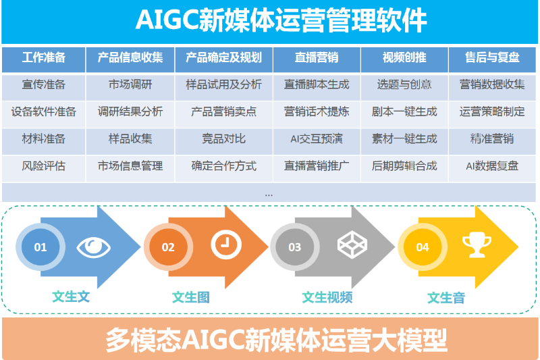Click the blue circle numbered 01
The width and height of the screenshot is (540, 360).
tap(40, 247)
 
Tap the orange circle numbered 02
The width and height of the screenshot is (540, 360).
tap(168, 247)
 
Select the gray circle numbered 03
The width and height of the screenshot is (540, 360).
tap(295, 247)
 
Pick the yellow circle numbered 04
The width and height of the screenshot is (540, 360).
tap(423, 247)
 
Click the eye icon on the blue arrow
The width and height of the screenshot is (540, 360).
tap(93, 247)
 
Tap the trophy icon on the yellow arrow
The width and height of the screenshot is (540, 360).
tap(477, 245)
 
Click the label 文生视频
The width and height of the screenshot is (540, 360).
tap(327, 297)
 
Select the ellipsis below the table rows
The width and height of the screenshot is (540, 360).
tap(269, 195)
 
